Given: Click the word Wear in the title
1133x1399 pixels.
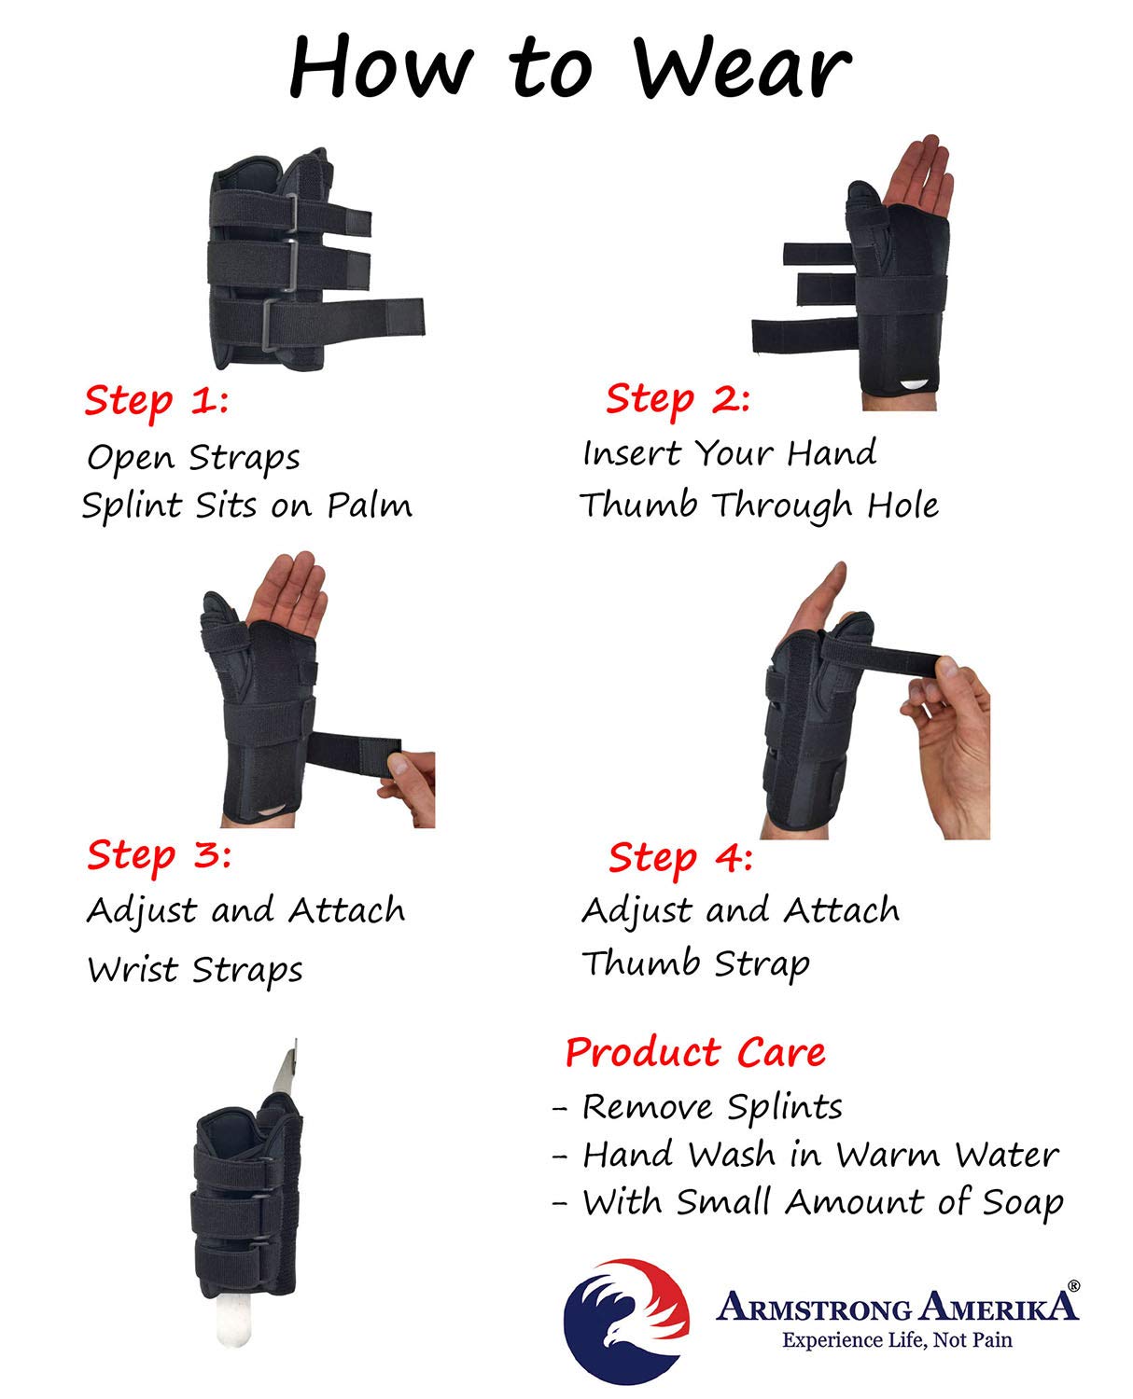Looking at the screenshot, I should coord(742,67).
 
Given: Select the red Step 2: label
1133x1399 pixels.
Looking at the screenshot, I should coord(678,399).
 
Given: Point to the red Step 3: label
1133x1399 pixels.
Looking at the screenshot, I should coord(159,854).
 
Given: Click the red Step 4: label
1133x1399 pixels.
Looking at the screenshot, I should coord(680,857).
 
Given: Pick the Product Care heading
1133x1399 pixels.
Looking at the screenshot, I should coord(695,1052).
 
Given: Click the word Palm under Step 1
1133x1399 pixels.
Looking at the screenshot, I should coord(370,506).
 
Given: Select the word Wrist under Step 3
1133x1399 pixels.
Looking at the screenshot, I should coord(133,969).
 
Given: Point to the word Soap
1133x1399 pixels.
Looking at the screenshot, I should coord(1023,1202).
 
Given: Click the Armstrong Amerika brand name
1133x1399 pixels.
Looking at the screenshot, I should coord(896,1307).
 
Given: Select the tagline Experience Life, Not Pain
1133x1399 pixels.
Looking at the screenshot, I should coord(896,1340).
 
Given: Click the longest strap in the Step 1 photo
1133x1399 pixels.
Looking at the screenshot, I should coord(373,315).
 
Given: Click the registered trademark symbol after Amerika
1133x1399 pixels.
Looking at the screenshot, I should coord(1073,1285).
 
